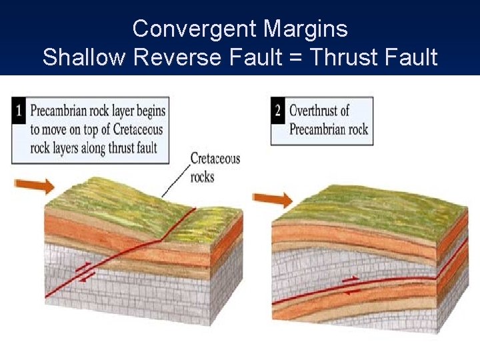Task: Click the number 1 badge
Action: click(x=19, y=110)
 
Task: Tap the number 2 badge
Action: click(x=278, y=110)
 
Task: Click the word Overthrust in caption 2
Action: click(x=319, y=110)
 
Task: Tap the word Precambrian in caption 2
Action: click(x=319, y=129)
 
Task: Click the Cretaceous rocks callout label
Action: click(x=214, y=167)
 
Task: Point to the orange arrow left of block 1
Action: click(x=34, y=185)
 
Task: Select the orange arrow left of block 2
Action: click(x=273, y=199)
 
